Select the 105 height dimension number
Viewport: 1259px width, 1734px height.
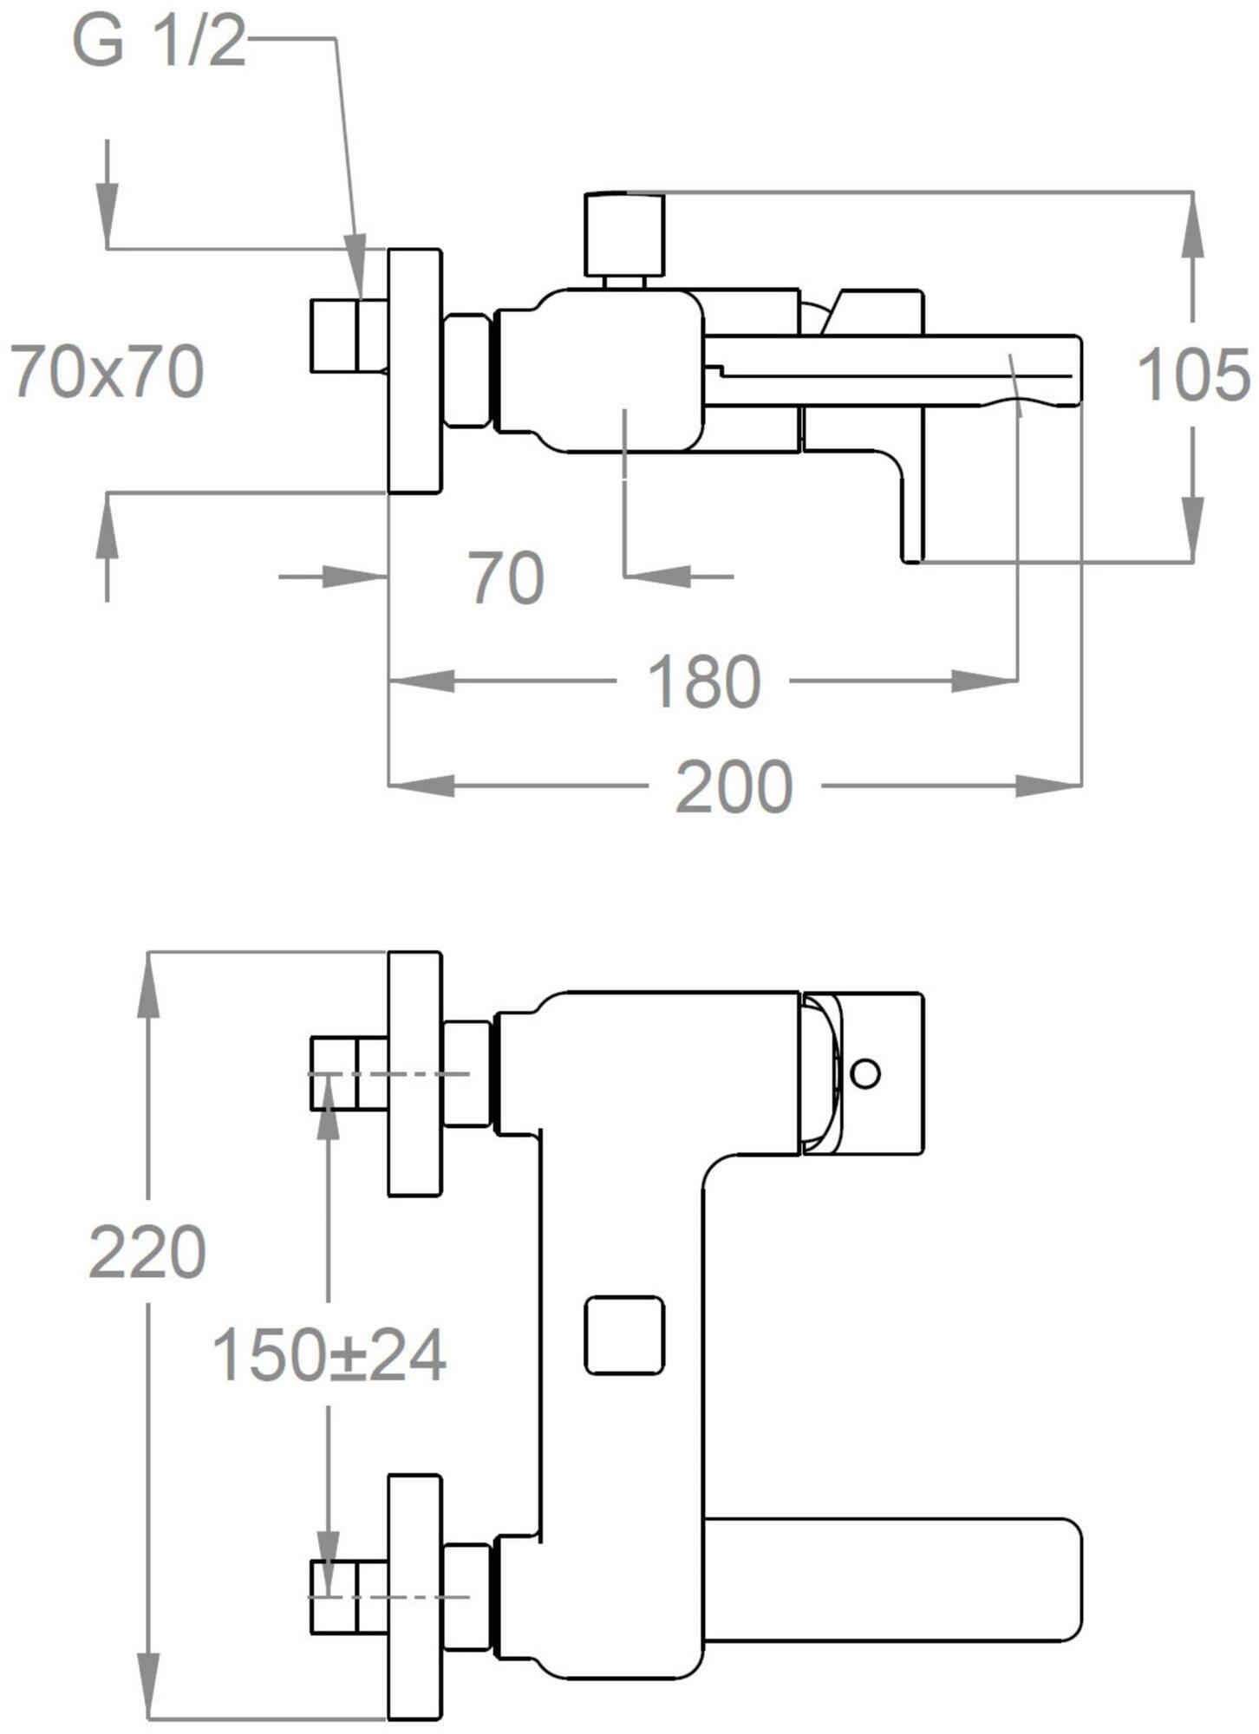(1193, 375)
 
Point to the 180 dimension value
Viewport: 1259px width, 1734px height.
(704, 681)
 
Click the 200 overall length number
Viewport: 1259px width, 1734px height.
(734, 786)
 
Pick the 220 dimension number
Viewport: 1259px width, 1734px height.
(147, 1252)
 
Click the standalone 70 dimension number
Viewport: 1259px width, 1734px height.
(507, 577)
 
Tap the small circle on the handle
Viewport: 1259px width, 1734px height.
(865, 1073)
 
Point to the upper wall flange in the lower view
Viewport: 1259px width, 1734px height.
(414, 1073)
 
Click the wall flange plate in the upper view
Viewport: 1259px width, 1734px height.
(414, 371)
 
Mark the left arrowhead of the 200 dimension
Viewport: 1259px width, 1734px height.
(421, 786)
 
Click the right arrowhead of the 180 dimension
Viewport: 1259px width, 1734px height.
(985, 681)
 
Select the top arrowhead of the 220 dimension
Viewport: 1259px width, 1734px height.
(150, 984)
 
